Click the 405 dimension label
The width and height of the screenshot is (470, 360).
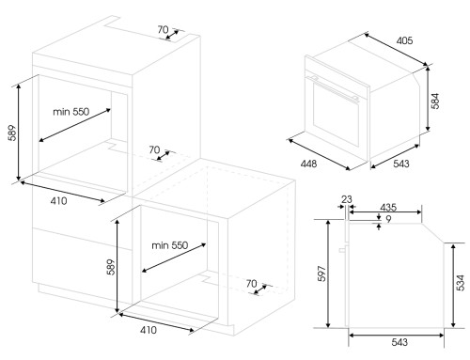pos(404,40)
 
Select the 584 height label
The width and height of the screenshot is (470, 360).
pos(435,101)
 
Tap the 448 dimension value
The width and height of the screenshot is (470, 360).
pos(308,164)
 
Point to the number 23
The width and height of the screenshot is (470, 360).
pos(347,199)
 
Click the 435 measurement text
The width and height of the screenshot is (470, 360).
pos(388,207)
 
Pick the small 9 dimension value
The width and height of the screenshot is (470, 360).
pos(388,219)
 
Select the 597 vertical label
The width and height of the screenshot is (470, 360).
pos(321,274)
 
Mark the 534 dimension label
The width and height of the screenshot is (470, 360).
pos(461,283)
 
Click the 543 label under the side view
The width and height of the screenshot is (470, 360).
pos(399,342)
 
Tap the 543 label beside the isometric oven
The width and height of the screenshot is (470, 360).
pos(401,164)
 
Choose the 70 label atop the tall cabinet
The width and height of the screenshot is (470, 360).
pos(163,30)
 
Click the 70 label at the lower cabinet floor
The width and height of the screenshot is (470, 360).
pos(251,284)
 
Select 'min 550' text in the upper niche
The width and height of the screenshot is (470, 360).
pos(70,112)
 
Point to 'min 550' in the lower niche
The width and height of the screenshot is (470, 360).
pos(170,245)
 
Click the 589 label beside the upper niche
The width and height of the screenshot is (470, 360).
pos(12,133)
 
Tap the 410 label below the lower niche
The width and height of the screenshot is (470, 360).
pos(149,330)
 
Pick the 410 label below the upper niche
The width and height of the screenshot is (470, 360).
pos(58,201)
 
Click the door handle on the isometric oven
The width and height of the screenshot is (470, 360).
pos(332,88)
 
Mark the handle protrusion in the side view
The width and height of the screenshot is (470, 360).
pos(343,249)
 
